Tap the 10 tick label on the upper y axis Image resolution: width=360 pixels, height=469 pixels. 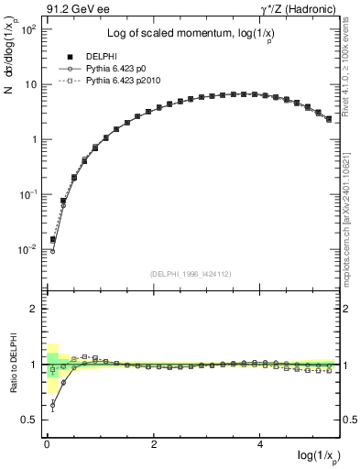(29, 84)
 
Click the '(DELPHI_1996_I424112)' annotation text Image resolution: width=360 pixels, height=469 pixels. (189, 272)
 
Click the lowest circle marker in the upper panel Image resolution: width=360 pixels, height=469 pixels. (52, 251)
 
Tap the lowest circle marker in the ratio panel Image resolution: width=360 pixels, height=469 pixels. (52, 404)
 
